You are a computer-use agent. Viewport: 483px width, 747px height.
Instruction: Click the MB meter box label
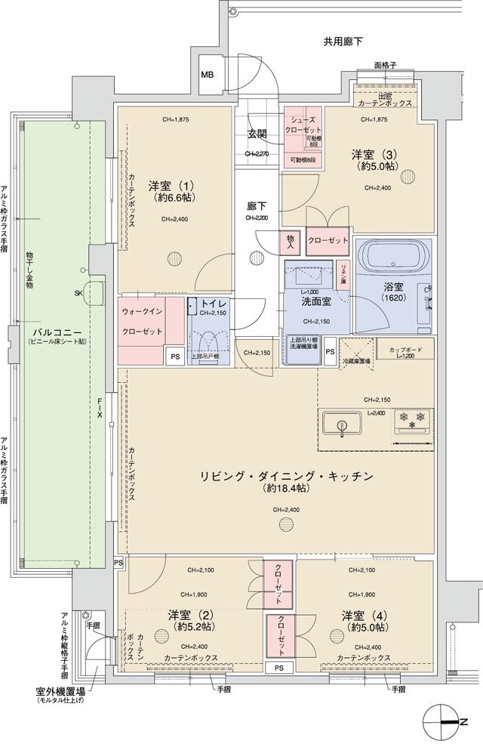point(207,75)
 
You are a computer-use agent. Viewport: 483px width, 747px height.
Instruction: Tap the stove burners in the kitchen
point(411,420)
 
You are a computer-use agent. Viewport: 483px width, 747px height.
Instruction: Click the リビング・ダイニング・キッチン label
point(286,476)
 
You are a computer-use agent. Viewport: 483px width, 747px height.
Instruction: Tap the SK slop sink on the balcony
point(94,292)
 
